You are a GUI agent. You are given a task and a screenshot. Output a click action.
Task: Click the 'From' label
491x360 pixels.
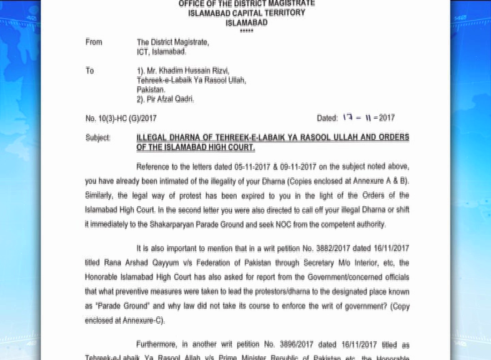click(94, 42)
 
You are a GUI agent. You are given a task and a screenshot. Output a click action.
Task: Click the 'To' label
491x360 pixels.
click(90, 71)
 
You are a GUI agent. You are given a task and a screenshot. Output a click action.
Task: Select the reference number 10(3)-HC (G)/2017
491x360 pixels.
click(121, 118)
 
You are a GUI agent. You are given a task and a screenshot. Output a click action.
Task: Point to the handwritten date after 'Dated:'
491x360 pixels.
click(368, 117)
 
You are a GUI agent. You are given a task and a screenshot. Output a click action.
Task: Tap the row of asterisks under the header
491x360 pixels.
click(247, 31)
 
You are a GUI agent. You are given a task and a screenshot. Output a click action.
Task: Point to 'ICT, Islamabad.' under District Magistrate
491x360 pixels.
click(162, 52)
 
